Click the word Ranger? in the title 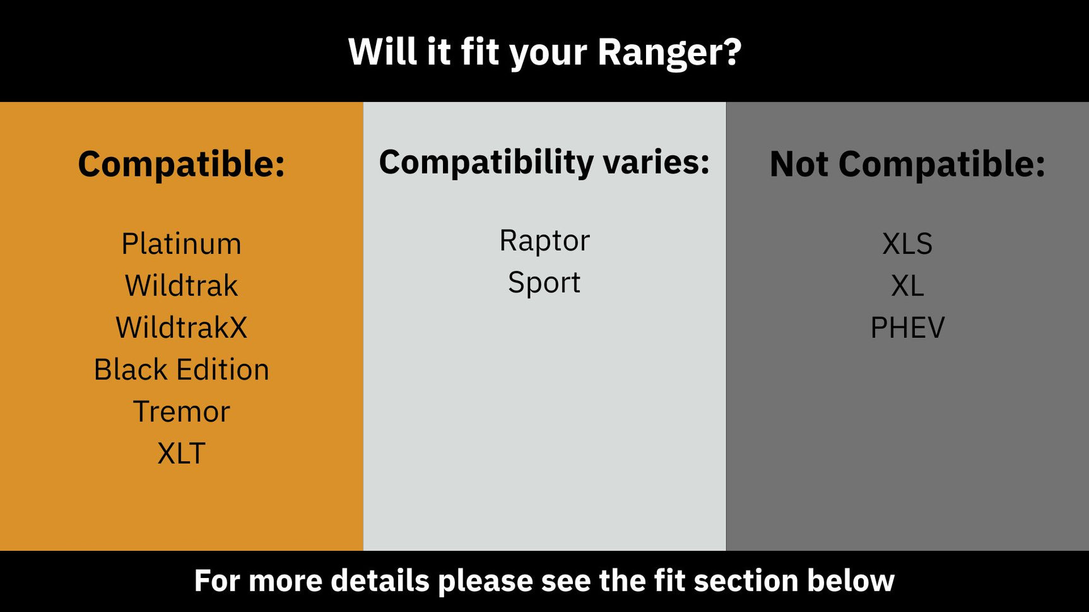[669, 52]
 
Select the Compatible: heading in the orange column [181, 165]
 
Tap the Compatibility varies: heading [544, 163]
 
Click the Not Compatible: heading [907, 165]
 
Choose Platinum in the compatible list [181, 244]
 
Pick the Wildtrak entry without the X [181, 286]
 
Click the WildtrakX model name [181, 328]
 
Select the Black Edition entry [181, 369]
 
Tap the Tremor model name [181, 412]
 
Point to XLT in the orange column [181, 453]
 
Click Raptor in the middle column [544, 241]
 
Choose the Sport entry [544, 282]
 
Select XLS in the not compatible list [907, 244]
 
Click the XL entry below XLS [907, 286]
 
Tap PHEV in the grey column [907, 328]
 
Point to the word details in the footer [380, 580]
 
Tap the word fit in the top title [480, 52]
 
